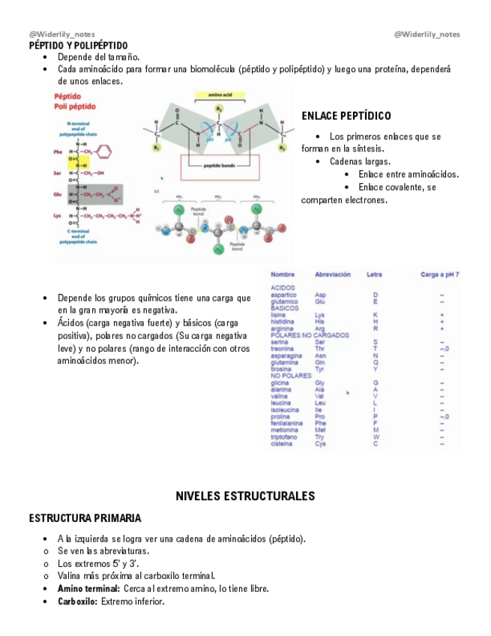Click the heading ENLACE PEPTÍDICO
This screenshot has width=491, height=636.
pyautogui.click(x=346, y=116)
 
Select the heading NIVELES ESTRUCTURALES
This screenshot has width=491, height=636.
pyautogui.click(x=245, y=496)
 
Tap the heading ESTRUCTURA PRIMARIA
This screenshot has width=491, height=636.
pyautogui.click(x=85, y=518)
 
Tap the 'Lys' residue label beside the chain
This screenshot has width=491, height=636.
pyautogui.click(x=58, y=215)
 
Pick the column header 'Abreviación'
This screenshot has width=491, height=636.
pyautogui.click(x=333, y=274)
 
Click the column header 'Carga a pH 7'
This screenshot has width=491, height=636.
pyautogui.click(x=440, y=274)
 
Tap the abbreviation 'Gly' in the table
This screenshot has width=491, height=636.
pyautogui.click(x=320, y=382)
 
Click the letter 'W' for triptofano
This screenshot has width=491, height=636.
pyautogui.click(x=376, y=436)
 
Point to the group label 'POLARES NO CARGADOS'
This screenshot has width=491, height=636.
pyautogui.click(x=307, y=335)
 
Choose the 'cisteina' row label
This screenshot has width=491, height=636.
pyautogui.click(x=283, y=443)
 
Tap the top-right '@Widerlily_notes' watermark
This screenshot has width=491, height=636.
pyautogui.click(x=427, y=34)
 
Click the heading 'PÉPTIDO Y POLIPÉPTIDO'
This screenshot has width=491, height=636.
pyautogui.click(x=78, y=46)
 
